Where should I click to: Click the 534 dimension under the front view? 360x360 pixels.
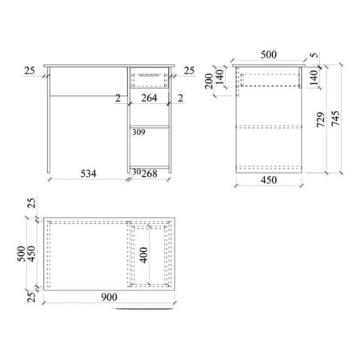tap(88, 174)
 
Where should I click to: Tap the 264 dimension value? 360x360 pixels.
tap(149, 98)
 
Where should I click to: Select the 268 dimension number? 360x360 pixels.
tap(150, 174)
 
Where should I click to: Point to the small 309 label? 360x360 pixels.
tap(138, 132)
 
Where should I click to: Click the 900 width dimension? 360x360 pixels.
tap(109, 297)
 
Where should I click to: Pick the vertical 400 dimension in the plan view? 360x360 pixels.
tap(143, 255)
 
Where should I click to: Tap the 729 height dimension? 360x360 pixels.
tap(321, 120)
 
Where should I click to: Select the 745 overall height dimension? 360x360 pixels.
tap(335, 118)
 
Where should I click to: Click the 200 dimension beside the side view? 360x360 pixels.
tap(209, 81)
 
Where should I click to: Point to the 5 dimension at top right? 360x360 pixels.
tap(314, 55)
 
